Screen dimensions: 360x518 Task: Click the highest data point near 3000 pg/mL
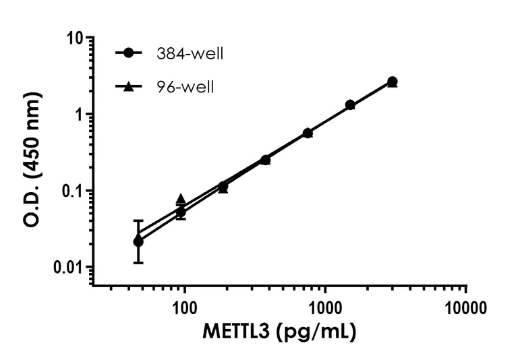tap(393, 82)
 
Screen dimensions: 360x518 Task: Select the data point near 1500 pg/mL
tap(350, 104)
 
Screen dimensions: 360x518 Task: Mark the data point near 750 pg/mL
tap(308, 133)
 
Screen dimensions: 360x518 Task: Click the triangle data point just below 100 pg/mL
tap(181, 199)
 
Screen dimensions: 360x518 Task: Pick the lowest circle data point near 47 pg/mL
tap(138, 241)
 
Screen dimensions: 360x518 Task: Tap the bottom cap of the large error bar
tap(138, 262)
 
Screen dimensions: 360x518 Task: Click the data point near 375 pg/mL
tap(265, 160)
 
